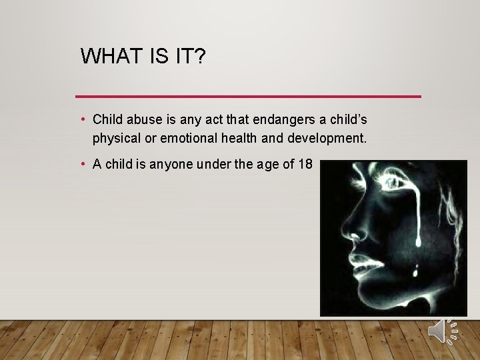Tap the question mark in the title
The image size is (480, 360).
(x=199, y=56)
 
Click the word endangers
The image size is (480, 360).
(x=280, y=120)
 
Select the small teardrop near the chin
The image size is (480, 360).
(x=417, y=270)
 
